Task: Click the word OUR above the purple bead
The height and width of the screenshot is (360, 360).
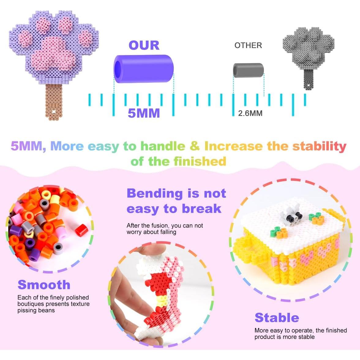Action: tap(144, 45)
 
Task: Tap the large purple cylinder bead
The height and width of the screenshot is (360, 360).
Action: tap(144, 69)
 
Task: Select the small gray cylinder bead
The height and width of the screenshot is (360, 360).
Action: tap(249, 70)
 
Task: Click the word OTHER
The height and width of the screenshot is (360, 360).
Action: tap(248, 45)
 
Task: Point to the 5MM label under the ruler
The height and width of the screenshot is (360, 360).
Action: tap(144, 113)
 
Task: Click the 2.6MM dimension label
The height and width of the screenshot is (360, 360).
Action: tap(250, 113)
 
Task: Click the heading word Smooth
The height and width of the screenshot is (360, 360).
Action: tap(44, 285)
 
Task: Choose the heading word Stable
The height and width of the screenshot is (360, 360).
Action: tap(277, 318)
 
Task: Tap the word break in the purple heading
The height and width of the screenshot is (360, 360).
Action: tap(201, 209)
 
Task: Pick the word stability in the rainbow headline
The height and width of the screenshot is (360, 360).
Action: tap(319, 146)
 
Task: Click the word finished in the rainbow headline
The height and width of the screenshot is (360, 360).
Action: tap(200, 161)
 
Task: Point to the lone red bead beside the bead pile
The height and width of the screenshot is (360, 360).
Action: tap(82, 230)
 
